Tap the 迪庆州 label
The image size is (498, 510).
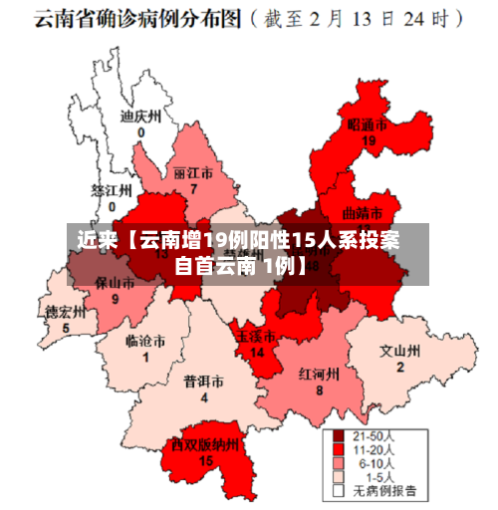(140, 117)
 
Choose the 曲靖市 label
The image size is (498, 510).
(362, 212)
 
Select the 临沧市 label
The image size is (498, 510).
(145, 341)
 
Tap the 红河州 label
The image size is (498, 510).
(320, 375)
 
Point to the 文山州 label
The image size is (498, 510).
(400, 352)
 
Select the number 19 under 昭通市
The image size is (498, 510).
(369, 141)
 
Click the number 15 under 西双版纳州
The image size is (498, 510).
(205, 460)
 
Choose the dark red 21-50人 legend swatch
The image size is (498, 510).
(338, 435)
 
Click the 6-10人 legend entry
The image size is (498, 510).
(373, 463)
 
